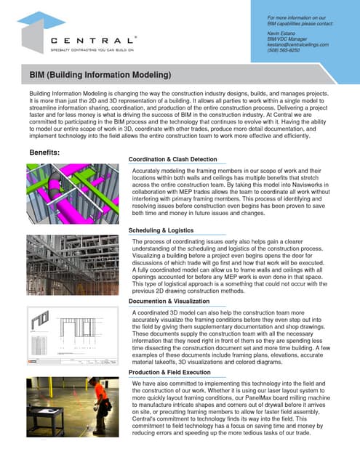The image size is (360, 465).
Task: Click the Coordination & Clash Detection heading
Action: [x=172, y=158]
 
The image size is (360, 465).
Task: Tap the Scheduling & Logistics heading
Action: [x=163, y=230]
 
